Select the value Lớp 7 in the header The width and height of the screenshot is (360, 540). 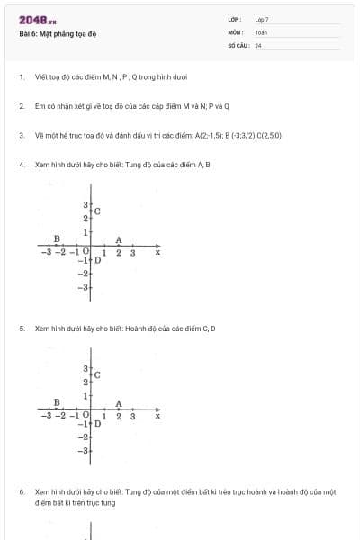[x=262, y=19]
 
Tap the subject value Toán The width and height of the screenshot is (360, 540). [x=261, y=31]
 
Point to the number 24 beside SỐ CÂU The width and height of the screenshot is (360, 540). [x=258, y=45]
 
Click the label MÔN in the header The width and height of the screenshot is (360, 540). [x=234, y=31]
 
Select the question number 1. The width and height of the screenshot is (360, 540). [x=21, y=76]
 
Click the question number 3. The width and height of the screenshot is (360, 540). [x=21, y=135]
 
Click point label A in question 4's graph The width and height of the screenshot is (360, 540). [x=119, y=239]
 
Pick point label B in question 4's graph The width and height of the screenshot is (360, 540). [x=57, y=238]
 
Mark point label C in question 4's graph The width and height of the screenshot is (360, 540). [x=97, y=211]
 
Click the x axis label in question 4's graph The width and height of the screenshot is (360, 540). [x=157, y=253]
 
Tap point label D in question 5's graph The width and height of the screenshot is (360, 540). [x=97, y=422]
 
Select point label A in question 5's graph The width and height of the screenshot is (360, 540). [x=119, y=403]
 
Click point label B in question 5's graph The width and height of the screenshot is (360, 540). [x=57, y=402]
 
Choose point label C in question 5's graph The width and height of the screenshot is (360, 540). [x=97, y=374]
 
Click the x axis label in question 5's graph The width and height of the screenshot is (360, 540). [x=157, y=417]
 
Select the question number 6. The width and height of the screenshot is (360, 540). [x=21, y=492]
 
